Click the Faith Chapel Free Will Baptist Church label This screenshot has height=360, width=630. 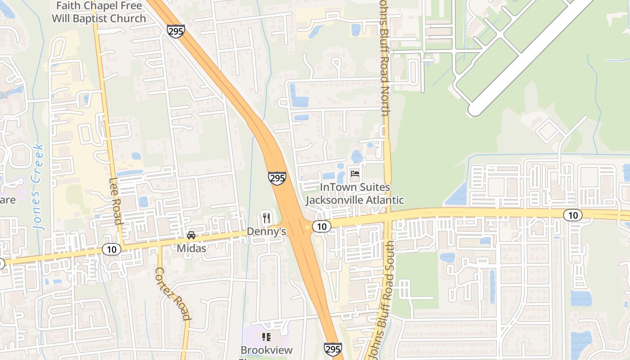(x=99, y=12)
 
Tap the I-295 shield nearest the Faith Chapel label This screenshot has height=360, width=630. (x=175, y=31)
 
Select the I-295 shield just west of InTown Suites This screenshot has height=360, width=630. (x=277, y=178)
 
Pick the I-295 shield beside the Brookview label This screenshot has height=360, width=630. (x=333, y=349)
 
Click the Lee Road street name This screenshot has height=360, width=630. (x=116, y=201)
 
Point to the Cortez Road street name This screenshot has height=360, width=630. (x=172, y=293)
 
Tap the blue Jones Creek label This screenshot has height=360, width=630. (x=39, y=186)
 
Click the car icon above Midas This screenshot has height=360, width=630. (x=191, y=235)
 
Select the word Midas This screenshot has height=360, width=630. (x=191, y=248)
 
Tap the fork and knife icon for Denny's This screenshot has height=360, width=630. (x=266, y=219)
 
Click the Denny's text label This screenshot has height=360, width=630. (x=266, y=232)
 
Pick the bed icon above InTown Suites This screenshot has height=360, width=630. (x=355, y=174)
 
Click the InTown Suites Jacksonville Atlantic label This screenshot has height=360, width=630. (x=355, y=193)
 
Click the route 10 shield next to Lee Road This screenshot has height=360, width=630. (x=112, y=249)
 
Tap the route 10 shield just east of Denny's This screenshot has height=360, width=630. (x=321, y=226)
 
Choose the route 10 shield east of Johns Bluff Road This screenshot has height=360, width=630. (x=572, y=215)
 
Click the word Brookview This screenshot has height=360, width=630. (x=266, y=350)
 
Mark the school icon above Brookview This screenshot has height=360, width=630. (x=266, y=337)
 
